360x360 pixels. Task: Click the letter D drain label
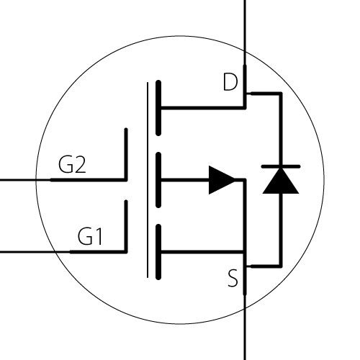[x=230, y=82]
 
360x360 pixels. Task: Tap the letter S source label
[x=233, y=278]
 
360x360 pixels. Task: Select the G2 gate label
[x=72, y=164]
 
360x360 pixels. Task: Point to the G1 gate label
[x=90, y=236]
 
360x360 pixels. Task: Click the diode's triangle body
[x=281, y=181]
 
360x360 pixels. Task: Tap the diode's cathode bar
[x=281, y=166]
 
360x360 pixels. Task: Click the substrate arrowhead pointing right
[x=222, y=180]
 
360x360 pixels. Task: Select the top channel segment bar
[x=158, y=108]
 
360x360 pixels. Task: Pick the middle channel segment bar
[x=158, y=180]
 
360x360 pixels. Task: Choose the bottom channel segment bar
[x=158, y=252]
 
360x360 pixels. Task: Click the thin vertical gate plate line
[x=148, y=180]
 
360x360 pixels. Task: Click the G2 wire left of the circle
[x=18, y=180]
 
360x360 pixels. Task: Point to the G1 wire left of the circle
[x=27, y=252]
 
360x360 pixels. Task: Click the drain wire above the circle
[x=245, y=26]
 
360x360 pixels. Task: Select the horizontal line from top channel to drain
[x=203, y=108]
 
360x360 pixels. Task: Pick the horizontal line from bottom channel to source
[x=203, y=252]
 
